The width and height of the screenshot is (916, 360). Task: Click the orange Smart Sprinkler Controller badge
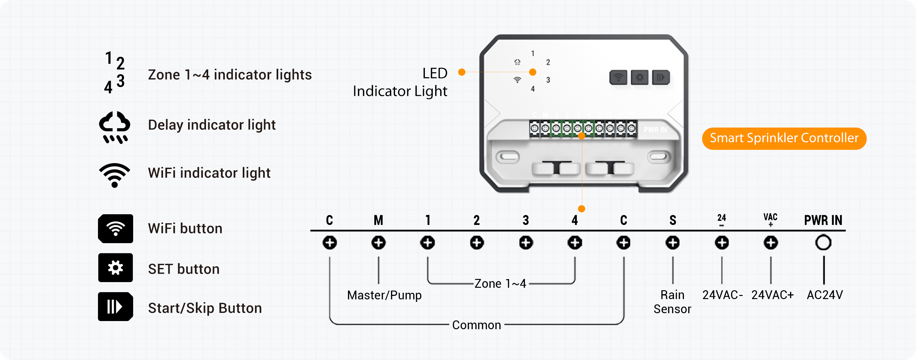point(784,139)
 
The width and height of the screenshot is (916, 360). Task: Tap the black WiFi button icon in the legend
point(116,229)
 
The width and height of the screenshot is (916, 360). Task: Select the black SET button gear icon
point(116,268)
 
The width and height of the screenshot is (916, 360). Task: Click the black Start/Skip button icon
point(116,307)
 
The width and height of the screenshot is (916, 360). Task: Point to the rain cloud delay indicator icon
point(115,127)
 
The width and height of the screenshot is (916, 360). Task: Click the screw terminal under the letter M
point(378,243)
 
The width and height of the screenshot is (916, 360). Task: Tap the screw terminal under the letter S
point(672,243)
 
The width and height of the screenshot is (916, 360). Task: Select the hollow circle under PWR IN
point(823,243)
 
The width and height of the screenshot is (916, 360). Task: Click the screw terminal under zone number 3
point(526,243)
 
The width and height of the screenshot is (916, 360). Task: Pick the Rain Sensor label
point(672,302)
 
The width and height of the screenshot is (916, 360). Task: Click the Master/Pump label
point(384,295)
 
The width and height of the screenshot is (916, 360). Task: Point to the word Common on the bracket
point(476,325)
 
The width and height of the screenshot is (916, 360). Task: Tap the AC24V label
point(825,295)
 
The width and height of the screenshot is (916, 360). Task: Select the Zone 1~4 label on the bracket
point(500,284)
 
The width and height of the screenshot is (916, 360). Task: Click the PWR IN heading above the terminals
point(823,221)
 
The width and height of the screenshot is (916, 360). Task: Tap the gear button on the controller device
point(639,78)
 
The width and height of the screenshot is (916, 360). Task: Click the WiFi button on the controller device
point(618,78)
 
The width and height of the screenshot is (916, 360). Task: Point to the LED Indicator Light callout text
point(400,82)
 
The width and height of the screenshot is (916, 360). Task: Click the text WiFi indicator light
point(209,173)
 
